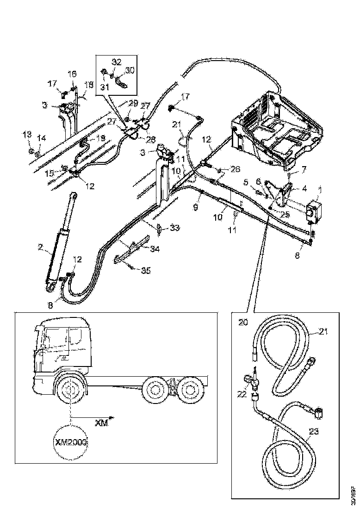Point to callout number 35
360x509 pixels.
click(145, 271)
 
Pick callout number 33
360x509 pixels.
click(174, 228)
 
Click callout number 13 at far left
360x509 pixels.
click(28, 134)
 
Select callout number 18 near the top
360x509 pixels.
click(88, 85)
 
